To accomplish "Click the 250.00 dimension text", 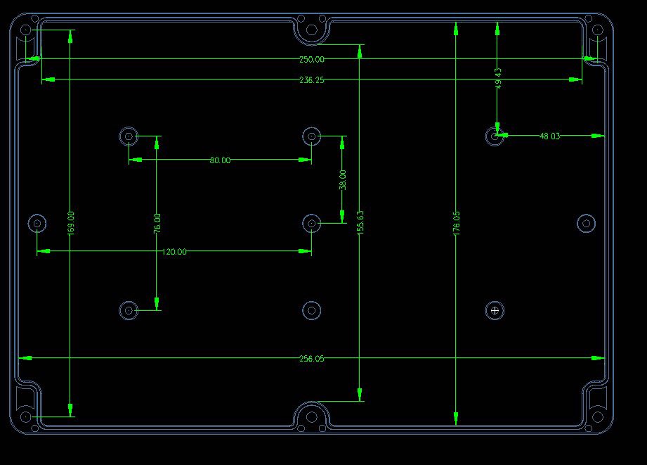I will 311,60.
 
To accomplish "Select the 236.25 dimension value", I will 311,80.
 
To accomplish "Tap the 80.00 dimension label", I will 219,160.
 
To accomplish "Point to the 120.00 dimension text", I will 175,252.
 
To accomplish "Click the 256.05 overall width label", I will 311,359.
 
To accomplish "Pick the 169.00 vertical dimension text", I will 70,222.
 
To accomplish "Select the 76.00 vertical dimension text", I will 157,222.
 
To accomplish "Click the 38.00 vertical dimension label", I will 343,180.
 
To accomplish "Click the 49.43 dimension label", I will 498,77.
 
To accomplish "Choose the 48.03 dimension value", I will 549,136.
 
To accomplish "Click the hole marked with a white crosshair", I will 495,310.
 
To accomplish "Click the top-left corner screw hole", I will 26,30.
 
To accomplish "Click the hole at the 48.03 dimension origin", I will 495,136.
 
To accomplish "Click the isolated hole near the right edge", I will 586,224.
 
